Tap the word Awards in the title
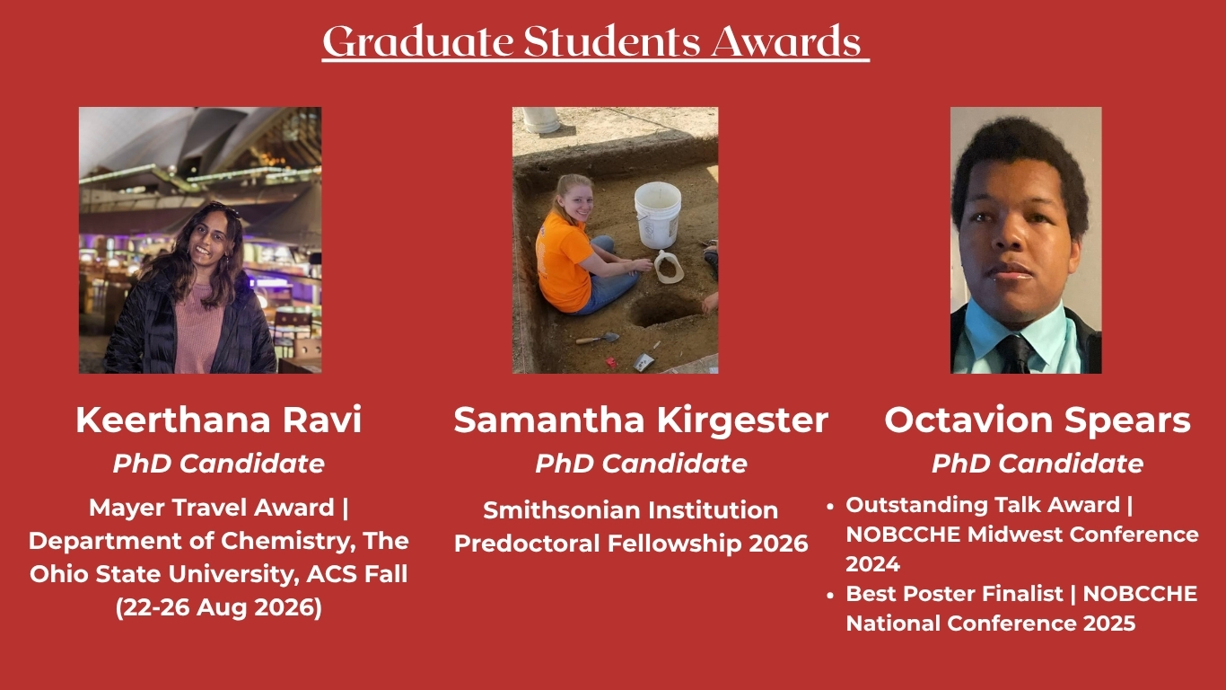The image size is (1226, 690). (x=786, y=41)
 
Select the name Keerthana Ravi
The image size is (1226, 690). (x=219, y=420)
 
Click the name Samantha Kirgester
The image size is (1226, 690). (x=641, y=420)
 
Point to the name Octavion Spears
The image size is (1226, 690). (x=1038, y=420)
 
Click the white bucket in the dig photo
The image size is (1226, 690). (x=657, y=215)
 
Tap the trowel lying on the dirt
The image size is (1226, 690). (x=597, y=338)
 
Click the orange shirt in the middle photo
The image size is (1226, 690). (x=562, y=262)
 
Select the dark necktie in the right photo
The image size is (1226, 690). (x=1016, y=353)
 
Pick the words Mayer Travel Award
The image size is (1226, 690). (x=211, y=508)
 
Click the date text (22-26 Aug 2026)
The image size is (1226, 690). (x=219, y=607)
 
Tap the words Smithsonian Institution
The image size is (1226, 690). (x=631, y=510)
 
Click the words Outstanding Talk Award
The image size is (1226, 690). (x=983, y=505)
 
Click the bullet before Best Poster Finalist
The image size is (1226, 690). (x=830, y=595)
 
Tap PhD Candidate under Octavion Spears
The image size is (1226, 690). (x=1038, y=464)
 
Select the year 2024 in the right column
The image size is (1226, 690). (x=872, y=564)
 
